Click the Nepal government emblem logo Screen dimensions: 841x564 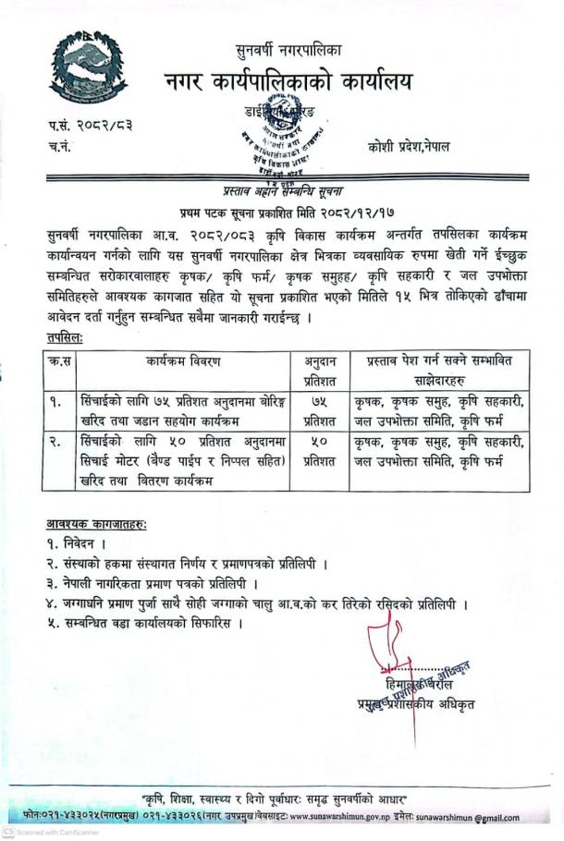(88, 67)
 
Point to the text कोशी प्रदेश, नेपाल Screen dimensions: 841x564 (408, 147)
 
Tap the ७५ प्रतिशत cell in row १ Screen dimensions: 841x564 (319, 409)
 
